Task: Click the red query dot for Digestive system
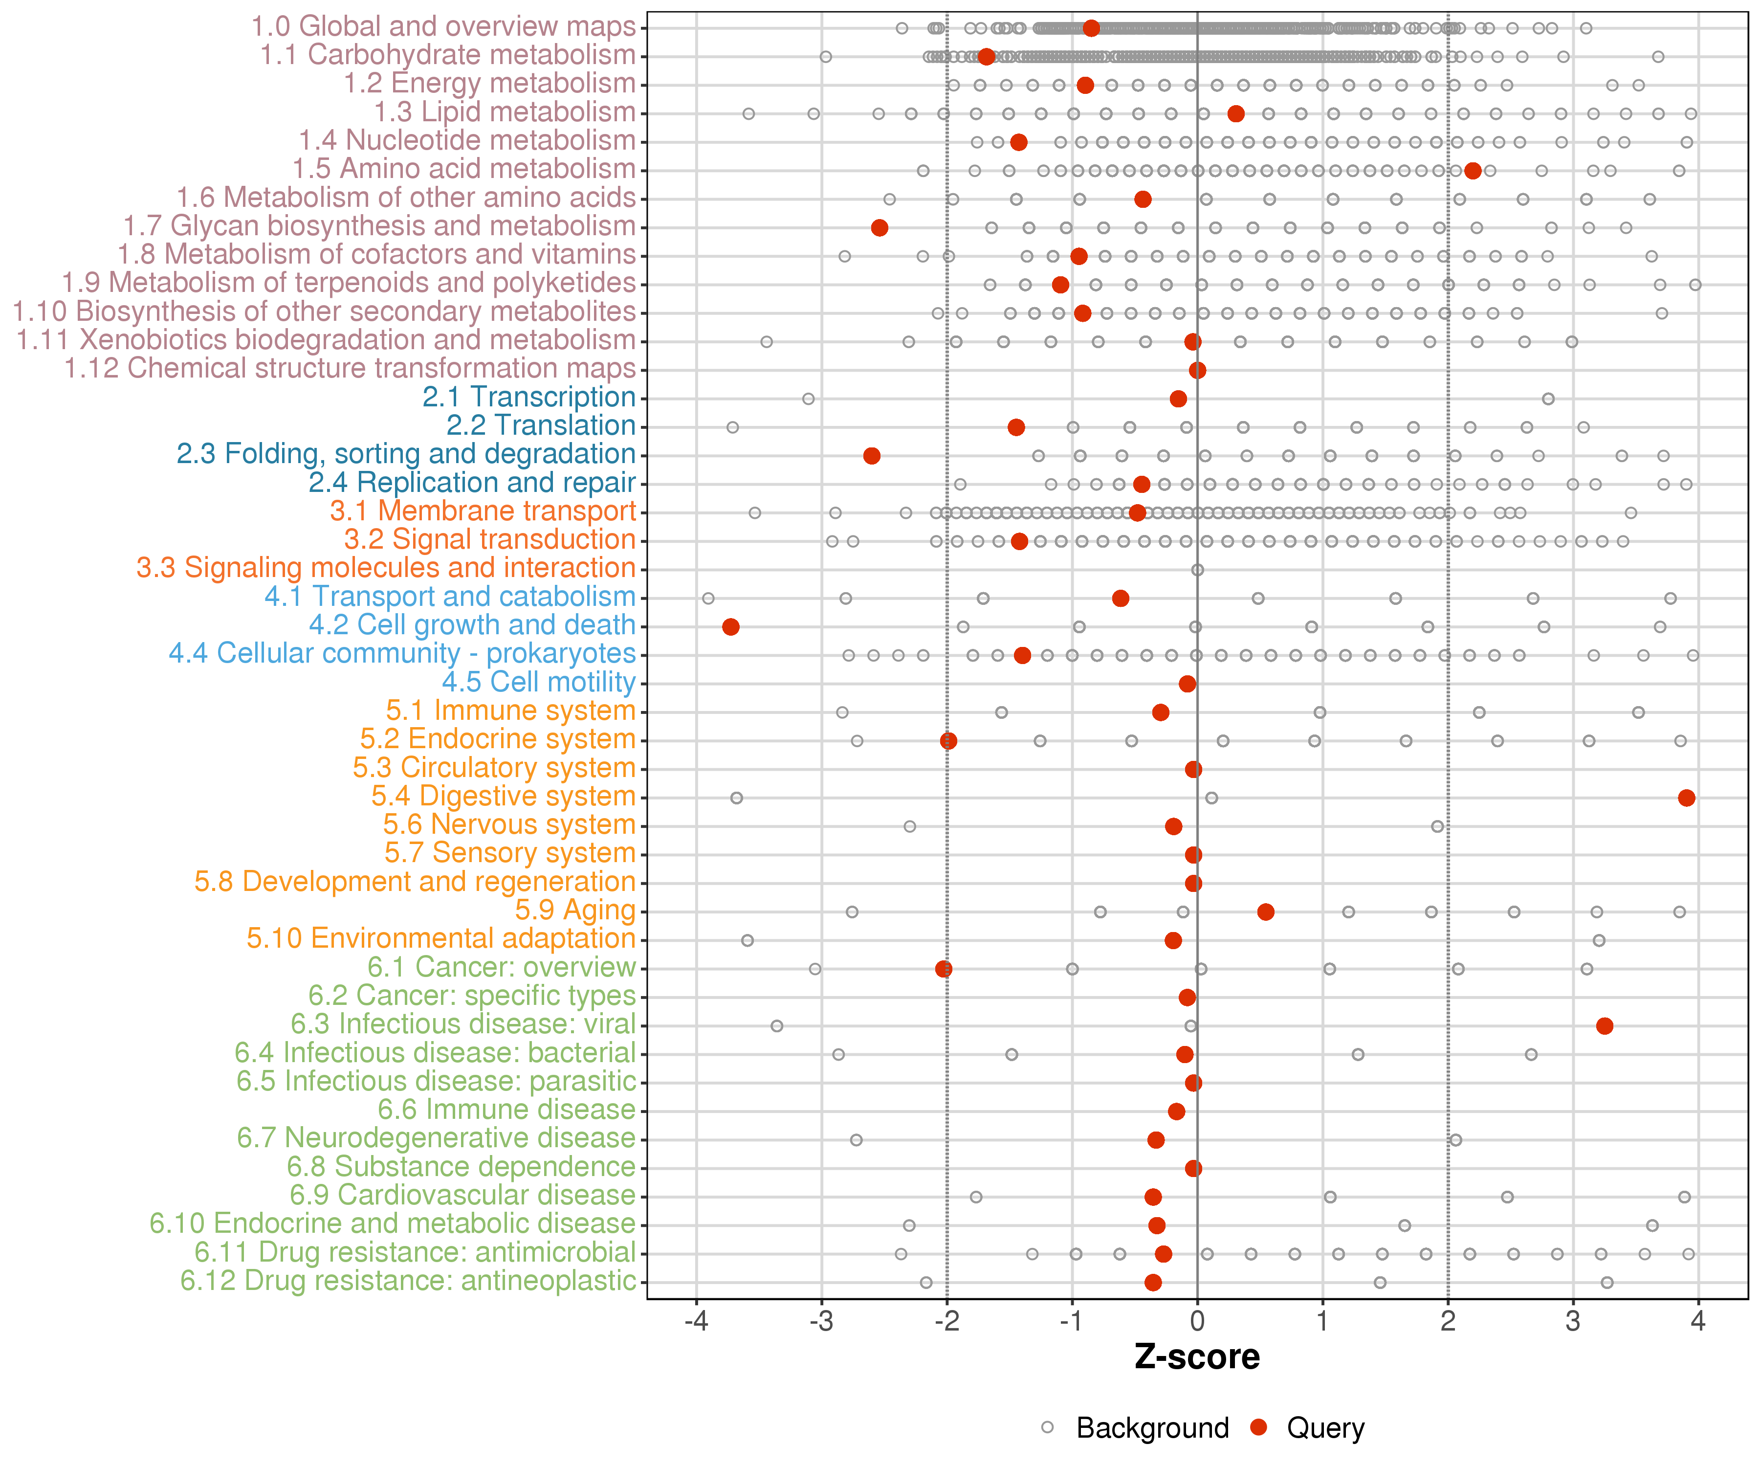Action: [1686, 797]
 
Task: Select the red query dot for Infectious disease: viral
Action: [1604, 1025]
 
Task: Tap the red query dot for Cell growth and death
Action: [731, 626]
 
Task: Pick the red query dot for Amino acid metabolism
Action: [1473, 170]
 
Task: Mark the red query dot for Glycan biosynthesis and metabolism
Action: [879, 227]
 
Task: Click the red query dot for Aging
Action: [1266, 911]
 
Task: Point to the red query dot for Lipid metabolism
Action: [1235, 113]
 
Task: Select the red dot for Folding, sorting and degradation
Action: [872, 455]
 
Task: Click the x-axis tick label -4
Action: [696, 1322]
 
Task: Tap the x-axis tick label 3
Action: [1573, 1322]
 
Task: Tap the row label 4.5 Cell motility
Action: [539, 682]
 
